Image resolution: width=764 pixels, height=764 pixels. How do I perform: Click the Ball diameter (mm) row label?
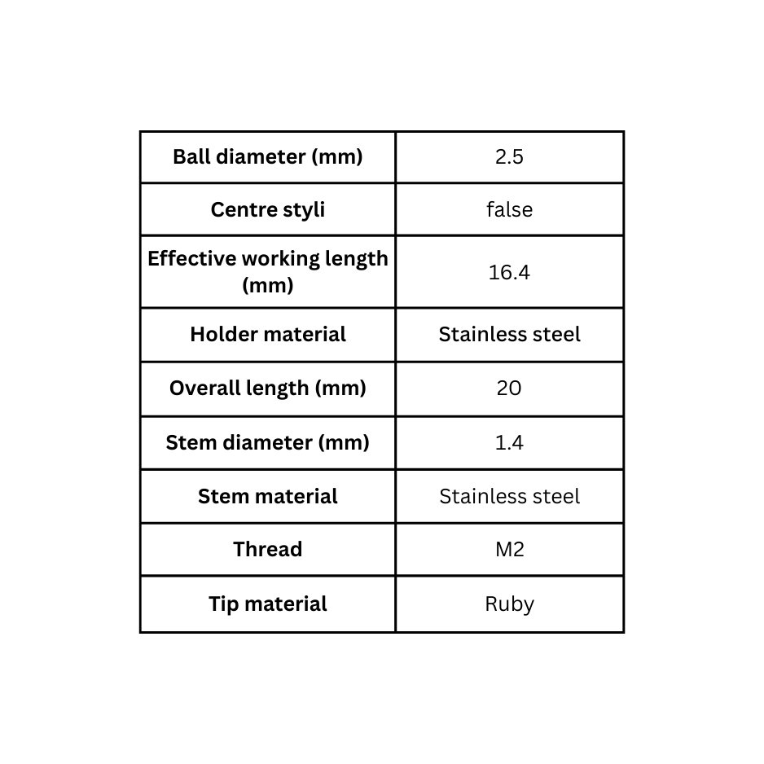pyautogui.click(x=267, y=157)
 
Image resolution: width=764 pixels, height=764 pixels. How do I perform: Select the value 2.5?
pyautogui.click(x=509, y=157)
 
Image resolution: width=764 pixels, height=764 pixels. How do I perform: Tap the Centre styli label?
pyautogui.click(x=267, y=210)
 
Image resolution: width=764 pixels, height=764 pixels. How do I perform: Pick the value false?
pyautogui.click(x=509, y=209)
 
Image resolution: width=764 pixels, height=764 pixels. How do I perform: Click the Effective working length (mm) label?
pyautogui.click(x=267, y=271)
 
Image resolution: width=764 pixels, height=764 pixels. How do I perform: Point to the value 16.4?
pyautogui.click(x=509, y=272)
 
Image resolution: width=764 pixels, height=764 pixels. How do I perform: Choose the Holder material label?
pyautogui.click(x=267, y=334)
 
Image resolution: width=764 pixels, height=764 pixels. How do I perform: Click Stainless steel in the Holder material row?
pyautogui.click(x=509, y=334)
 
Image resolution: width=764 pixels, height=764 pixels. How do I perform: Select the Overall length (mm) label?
pyautogui.click(x=267, y=389)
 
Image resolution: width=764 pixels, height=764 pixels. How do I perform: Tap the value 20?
pyautogui.click(x=509, y=389)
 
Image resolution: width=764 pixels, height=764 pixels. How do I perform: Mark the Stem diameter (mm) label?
pyautogui.click(x=267, y=443)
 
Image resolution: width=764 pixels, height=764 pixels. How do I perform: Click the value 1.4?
pyautogui.click(x=509, y=443)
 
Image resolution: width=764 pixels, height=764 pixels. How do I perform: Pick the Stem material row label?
pyautogui.click(x=267, y=497)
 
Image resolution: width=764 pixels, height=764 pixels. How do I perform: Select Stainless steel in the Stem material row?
pyautogui.click(x=509, y=497)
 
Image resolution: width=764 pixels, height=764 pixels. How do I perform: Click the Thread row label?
pyautogui.click(x=267, y=549)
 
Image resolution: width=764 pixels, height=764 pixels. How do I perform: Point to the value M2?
pyautogui.click(x=510, y=550)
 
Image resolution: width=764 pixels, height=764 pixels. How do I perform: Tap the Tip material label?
pyautogui.click(x=267, y=604)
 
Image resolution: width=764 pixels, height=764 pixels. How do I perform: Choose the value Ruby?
pyautogui.click(x=509, y=604)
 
